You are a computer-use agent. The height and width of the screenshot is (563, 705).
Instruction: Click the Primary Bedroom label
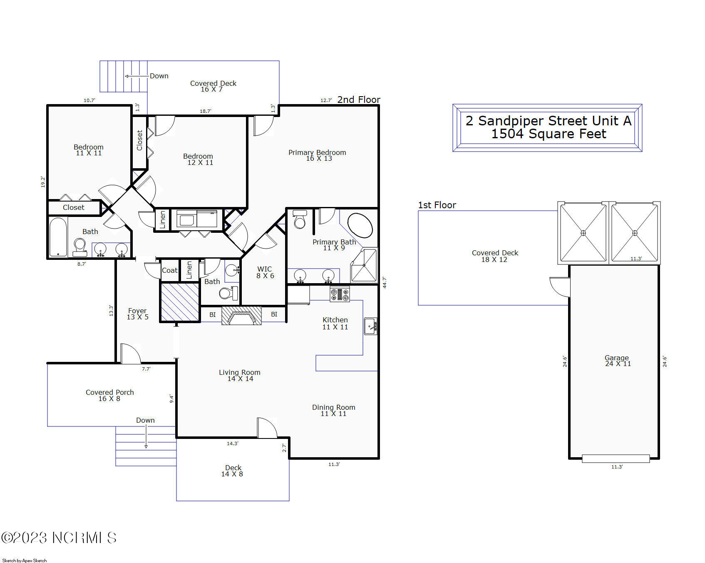[317, 155]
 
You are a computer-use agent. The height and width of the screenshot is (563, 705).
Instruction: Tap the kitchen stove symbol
[340, 294]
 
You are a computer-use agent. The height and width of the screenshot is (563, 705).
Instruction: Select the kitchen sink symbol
[370, 326]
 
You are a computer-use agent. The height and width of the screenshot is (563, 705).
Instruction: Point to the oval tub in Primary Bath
[360, 225]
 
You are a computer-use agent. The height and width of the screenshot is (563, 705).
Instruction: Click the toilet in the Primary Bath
[300, 219]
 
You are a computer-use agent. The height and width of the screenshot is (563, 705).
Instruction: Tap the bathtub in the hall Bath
[58, 237]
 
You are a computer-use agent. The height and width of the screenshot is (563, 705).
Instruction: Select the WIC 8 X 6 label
[265, 272]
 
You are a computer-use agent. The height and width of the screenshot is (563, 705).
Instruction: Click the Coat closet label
[169, 270]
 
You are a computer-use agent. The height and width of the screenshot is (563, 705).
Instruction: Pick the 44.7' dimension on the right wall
[384, 282]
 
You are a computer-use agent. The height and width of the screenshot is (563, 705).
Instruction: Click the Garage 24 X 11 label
[617, 361]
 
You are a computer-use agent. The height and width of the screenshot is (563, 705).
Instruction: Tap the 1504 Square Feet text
[549, 134]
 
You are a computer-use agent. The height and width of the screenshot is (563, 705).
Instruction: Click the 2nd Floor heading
[358, 100]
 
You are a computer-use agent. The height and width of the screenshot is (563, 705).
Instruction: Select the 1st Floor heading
[437, 205]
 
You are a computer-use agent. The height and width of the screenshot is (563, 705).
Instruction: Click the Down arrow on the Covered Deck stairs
[137, 76]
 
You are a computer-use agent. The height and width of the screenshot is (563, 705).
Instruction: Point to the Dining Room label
[333, 410]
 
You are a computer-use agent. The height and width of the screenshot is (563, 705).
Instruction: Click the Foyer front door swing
[130, 354]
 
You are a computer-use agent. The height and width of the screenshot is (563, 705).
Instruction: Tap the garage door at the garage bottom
[616, 458]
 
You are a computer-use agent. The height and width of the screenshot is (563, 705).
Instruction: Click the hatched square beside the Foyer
[180, 302]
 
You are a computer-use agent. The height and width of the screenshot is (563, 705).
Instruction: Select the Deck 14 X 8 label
[233, 471]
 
